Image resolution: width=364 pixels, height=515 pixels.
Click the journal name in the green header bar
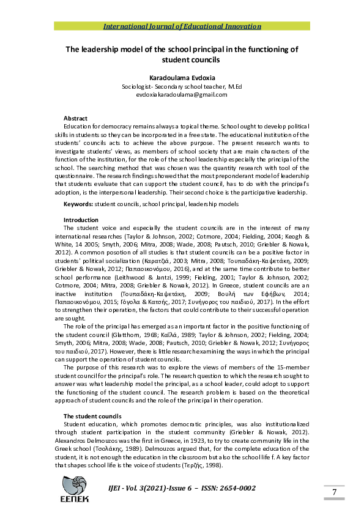point(182,26)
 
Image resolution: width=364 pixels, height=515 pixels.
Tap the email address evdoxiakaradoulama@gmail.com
point(182,95)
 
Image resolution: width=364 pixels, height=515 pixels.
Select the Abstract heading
point(75,118)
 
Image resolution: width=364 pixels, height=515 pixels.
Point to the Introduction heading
point(81,220)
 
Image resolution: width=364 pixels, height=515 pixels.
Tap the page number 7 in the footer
point(335,492)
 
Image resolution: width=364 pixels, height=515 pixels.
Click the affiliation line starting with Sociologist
point(182,87)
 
